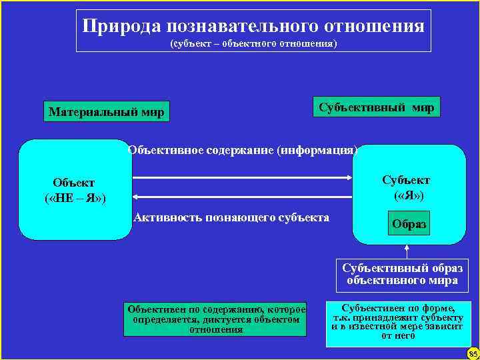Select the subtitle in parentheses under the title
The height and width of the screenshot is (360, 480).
pyautogui.click(x=253, y=44)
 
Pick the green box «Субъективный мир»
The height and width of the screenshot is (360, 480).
pyautogui.click(x=377, y=107)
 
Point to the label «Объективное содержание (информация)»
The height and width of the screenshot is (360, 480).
pyautogui.click(x=243, y=149)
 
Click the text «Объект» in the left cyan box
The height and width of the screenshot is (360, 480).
pyautogui.click(x=73, y=183)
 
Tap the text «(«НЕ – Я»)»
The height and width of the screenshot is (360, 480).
pyautogui.click(x=74, y=198)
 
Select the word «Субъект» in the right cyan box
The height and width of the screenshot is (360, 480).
pyautogui.click(x=406, y=180)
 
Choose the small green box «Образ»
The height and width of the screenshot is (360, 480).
pyautogui.click(x=408, y=225)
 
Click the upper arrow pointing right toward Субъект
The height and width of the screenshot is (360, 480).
pyautogui.click(x=242, y=177)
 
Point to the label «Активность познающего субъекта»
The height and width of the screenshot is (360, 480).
pyautogui.click(x=231, y=217)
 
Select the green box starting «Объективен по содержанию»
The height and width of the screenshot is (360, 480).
pyautogui.click(x=216, y=319)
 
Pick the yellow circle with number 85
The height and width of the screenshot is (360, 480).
pyautogui.click(x=473, y=353)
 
